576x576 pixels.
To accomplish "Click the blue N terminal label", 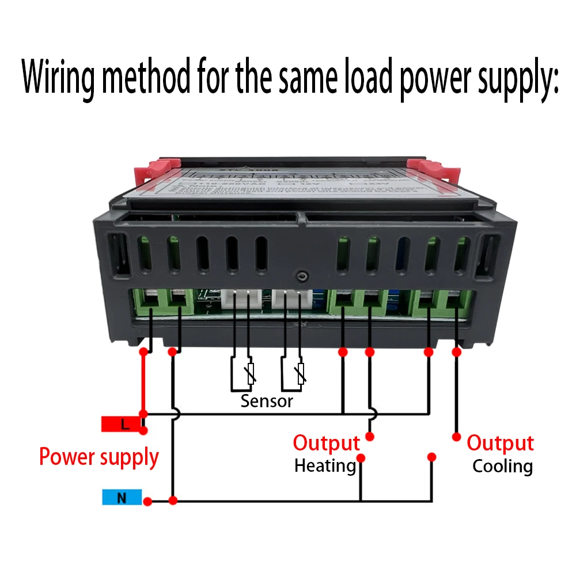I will coord(122,497).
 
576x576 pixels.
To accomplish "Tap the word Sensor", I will coord(267,401).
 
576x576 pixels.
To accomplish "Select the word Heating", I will coord(325,465).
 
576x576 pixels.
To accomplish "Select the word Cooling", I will coord(502,466).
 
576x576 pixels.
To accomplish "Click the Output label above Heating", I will coord(326,444).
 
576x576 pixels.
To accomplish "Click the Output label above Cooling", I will coord(500,444).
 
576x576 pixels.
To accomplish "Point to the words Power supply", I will coord(98,457).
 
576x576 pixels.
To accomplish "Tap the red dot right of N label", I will coord(147,502).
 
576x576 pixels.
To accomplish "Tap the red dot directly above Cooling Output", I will coord(456,436).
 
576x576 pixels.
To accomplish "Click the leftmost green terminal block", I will coord(151,302).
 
